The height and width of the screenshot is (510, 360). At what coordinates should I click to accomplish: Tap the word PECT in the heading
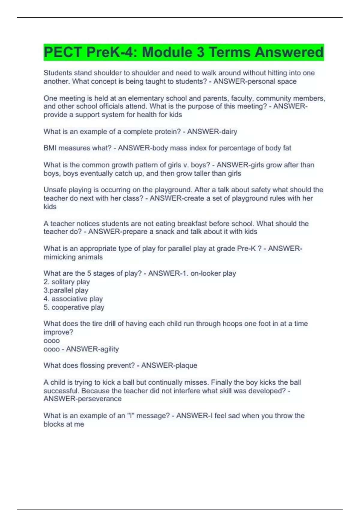[x=62, y=52]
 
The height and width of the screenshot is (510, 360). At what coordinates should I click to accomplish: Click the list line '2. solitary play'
[x=67, y=282]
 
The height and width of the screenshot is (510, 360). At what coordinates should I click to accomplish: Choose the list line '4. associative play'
[x=73, y=298]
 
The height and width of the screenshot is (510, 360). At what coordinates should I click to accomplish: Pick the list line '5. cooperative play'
[x=74, y=307]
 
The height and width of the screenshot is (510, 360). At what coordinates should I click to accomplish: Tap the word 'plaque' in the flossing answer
[x=186, y=365]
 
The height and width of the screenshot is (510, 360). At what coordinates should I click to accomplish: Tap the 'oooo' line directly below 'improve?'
[x=52, y=341]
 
